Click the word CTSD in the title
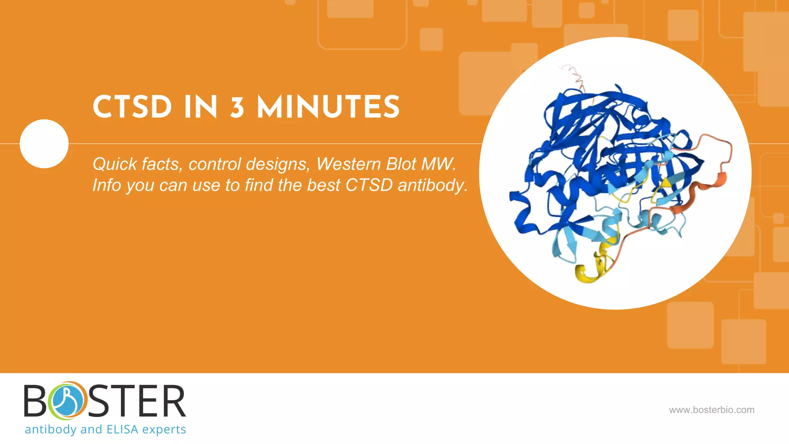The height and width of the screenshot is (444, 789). pyautogui.click(x=132, y=107)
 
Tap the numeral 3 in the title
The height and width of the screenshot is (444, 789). pyautogui.click(x=237, y=108)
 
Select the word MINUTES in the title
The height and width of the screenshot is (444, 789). pyautogui.click(x=328, y=107)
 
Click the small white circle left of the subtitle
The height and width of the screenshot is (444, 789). pyautogui.click(x=44, y=144)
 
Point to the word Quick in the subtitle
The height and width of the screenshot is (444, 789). pyautogui.click(x=115, y=164)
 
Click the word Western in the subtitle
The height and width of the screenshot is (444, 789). pyautogui.click(x=349, y=164)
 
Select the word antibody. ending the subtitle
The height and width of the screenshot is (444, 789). pyautogui.click(x=432, y=185)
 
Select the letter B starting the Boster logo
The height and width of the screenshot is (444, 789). pyautogui.click(x=35, y=401)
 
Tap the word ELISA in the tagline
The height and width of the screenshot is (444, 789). pyautogui.click(x=122, y=429)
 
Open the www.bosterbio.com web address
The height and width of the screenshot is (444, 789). pyautogui.click(x=712, y=410)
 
